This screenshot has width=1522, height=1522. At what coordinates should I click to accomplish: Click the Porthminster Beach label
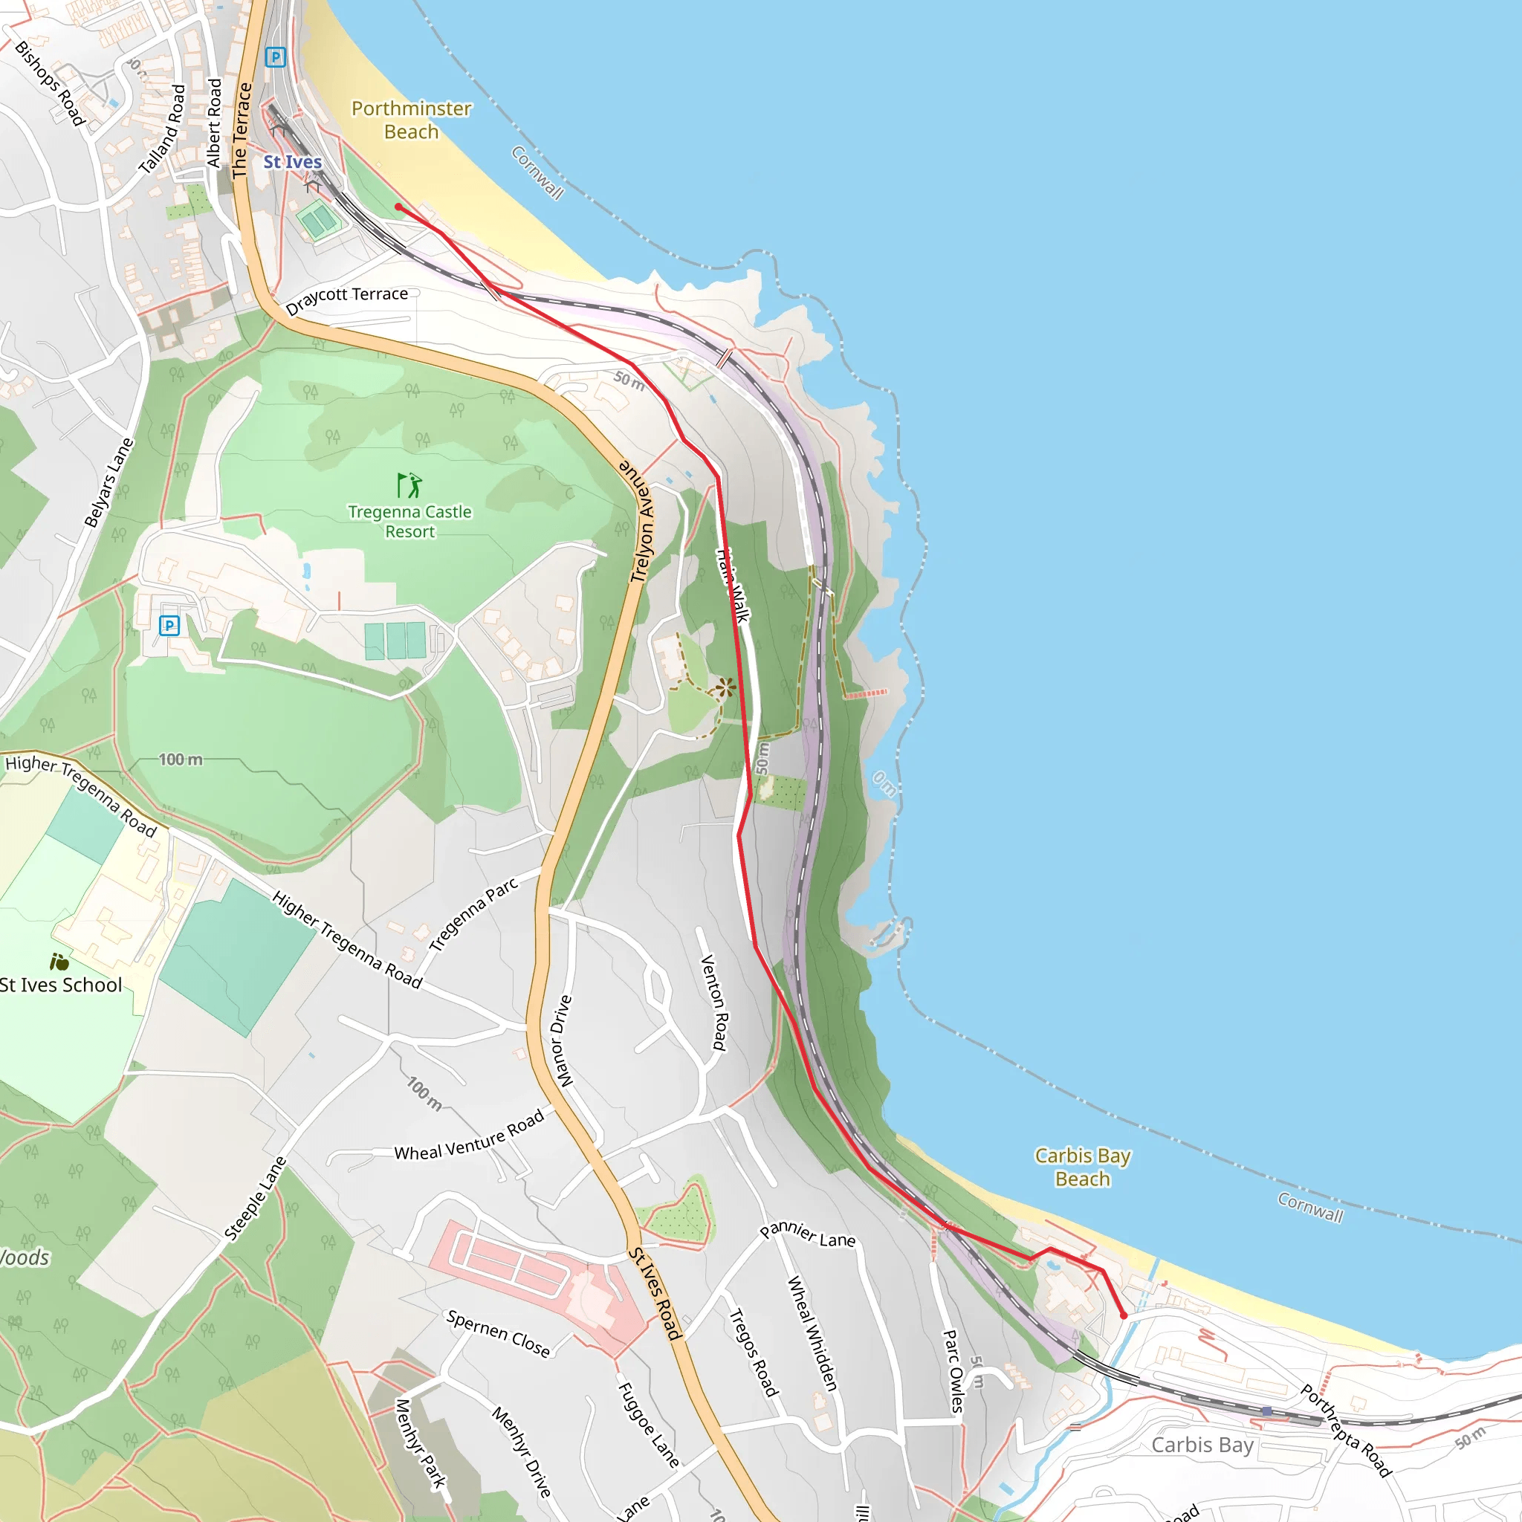pos(411,120)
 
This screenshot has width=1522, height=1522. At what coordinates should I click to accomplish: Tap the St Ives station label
pos(292,161)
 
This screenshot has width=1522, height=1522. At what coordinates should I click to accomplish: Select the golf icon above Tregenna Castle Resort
pos(409,485)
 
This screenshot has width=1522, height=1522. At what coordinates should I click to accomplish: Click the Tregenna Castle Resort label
pos(409,522)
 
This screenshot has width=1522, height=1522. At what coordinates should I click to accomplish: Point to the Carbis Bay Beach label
pos(1082,1167)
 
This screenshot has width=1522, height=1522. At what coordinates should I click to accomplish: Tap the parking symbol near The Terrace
pos(275,56)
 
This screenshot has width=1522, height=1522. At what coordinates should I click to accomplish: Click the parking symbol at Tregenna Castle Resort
pos(169,626)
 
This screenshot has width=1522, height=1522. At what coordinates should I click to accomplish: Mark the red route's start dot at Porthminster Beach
pos(398,207)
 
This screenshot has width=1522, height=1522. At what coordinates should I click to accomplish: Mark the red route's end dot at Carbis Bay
pos(1124,1315)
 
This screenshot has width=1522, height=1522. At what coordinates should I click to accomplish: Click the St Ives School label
pos(61,985)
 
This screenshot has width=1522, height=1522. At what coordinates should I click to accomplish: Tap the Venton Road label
pos(713,1002)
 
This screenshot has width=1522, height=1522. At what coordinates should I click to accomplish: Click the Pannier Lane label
pos(808,1234)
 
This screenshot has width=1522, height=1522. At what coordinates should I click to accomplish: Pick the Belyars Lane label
pos(109,482)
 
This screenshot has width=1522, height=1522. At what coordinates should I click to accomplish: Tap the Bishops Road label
pos(50,82)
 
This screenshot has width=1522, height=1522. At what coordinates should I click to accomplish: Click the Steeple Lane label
pos(255,1198)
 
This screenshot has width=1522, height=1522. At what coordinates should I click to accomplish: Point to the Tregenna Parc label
pos(473,914)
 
